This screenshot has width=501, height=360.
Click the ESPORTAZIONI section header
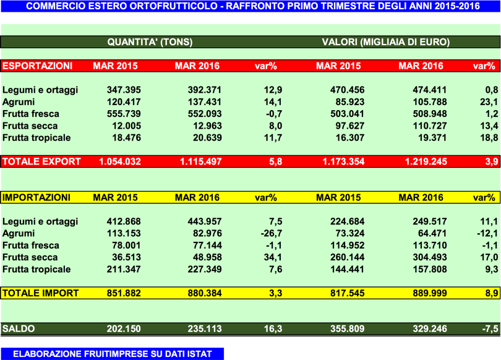[38, 66]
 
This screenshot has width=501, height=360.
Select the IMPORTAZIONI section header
[36, 198]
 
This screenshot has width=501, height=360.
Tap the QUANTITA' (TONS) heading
[150, 43]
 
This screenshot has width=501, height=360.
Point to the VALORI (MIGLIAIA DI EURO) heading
[385, 43]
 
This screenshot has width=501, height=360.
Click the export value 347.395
[123, 90]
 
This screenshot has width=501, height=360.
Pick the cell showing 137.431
[205, 102]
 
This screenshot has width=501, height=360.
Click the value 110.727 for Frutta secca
[429, 126]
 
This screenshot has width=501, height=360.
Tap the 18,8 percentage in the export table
[489, 138]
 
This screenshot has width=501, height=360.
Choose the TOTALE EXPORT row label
[41, 161]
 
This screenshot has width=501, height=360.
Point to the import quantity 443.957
[205, 222]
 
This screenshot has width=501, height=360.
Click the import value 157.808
[429, 270]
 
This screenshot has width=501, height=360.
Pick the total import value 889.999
[429, 293]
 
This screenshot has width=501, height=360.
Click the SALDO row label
[19, 329]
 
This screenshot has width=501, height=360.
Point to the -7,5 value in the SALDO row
[489, 329]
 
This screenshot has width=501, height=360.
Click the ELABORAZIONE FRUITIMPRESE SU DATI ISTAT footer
[112, 354]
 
